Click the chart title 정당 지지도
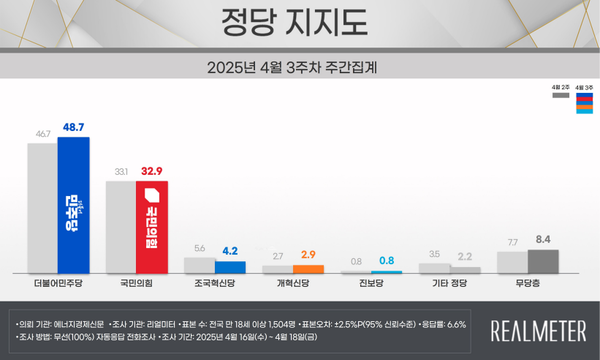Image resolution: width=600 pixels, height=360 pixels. point(299,22)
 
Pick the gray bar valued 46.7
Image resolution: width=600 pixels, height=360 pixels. point(43,209)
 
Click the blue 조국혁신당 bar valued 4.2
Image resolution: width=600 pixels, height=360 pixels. point(231,267)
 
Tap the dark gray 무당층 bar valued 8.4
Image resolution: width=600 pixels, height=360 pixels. point(543,261)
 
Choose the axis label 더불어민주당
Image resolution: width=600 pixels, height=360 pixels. point(58,285)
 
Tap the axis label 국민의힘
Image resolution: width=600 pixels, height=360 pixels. point(137,285)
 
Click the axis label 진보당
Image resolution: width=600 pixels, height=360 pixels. point(371,285)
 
